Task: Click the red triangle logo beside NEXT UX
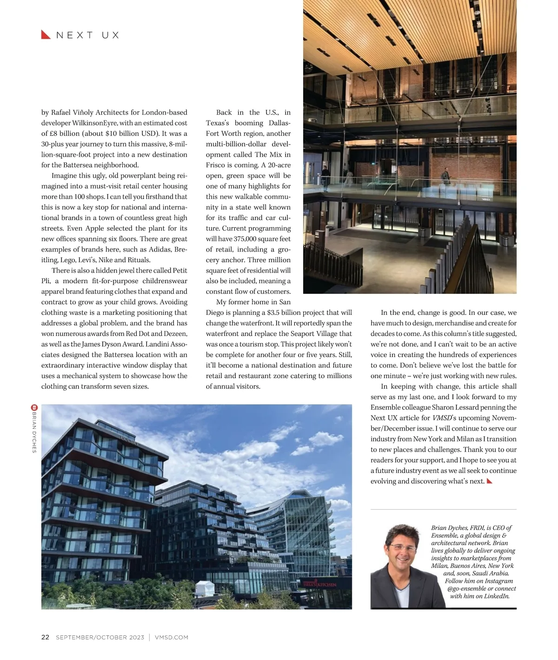pyautogui.click(x=46, y=35)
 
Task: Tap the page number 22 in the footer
pyautogui.click(x=45, y=637)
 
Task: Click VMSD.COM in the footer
pyautogui.click(x=171, y=637)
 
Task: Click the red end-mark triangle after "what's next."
pyautogui.click(x=489, y=481)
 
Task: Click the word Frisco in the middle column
pyautogui.click(x=216, y=165)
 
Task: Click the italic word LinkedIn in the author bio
pyautogui.click(x=497, y=596)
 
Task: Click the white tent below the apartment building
pyautogui.click(x=205, y=590)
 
